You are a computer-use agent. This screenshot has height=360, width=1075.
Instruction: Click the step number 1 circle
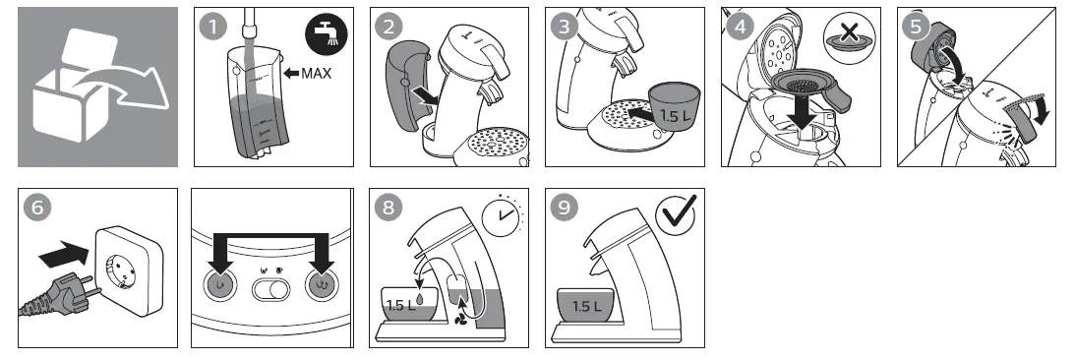click(213, 27)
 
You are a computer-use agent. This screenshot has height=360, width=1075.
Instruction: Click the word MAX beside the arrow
click(316, 72)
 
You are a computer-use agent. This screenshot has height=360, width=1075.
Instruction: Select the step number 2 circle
click(389, 27)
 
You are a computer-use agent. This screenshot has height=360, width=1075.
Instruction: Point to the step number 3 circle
click(565, 27)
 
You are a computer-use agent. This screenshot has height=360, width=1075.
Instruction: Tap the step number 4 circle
click(740, 27)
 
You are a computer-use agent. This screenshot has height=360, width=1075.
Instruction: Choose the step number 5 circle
click(916, 27)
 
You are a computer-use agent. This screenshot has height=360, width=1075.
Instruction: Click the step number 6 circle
click(37, 208)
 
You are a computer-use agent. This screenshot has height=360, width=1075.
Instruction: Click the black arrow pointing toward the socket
click(64, 255)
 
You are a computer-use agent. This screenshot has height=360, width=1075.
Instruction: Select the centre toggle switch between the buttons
click(270, 290)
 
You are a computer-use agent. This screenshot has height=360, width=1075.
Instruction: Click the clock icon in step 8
click(501, 214)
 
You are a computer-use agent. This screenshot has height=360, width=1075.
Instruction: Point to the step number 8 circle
click(388, 208)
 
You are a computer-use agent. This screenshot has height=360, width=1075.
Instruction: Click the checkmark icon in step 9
click(676, 213)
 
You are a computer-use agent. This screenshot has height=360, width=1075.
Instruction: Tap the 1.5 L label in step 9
click(585, 307)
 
